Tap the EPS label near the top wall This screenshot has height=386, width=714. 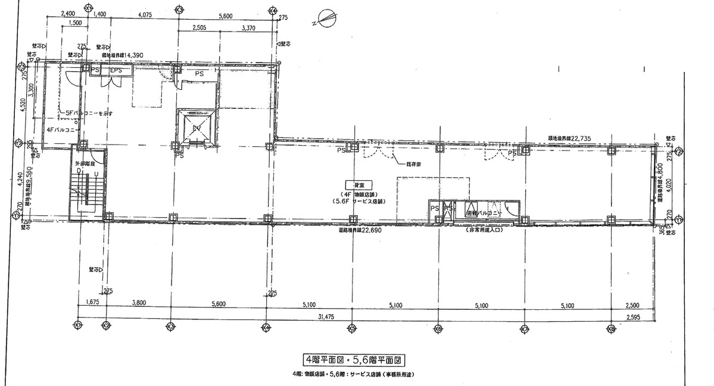116,71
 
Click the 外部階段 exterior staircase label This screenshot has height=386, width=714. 85,161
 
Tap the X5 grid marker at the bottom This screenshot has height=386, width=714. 352,327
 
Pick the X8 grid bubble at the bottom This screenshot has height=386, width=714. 611,327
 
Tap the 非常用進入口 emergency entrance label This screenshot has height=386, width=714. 485,230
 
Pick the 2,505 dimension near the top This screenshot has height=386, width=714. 203,27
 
